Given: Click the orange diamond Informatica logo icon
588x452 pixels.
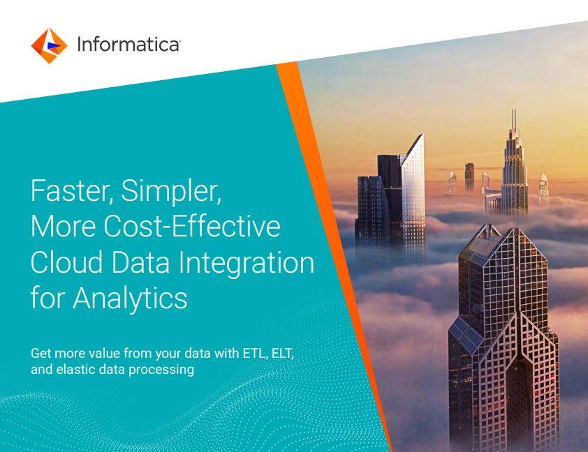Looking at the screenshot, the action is (x=49, y=45).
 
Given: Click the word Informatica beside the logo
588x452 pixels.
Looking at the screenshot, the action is (x=128, y=44).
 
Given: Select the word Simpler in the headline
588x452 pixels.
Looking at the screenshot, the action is (x=171, y=192).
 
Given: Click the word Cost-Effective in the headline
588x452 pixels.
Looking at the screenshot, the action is (x=192, y=226).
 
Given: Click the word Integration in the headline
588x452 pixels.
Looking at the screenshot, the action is (x=246, y=264).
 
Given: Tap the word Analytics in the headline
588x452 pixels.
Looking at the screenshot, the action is (x=130, y=299).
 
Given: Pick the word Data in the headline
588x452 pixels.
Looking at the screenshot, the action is (x=140, y=262).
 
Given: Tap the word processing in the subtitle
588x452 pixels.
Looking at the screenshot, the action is (x=161, y=370).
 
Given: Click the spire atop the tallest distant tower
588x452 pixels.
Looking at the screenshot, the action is (x=514, y=119).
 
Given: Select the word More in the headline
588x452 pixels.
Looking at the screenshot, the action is (x=63, y=227).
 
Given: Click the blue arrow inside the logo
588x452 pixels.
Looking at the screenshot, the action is (x=53, y=45).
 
